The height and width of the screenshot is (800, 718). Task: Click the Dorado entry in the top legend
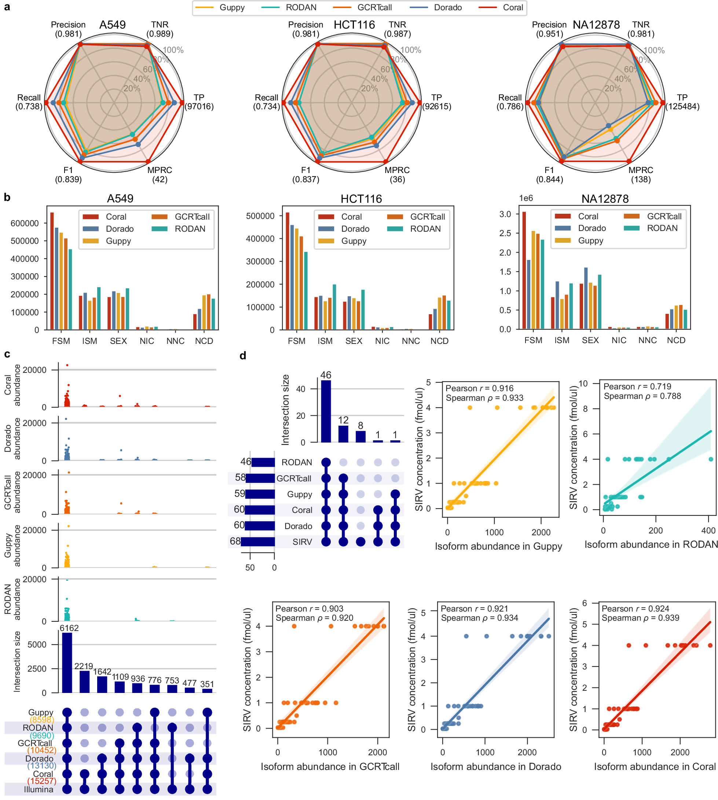coord(447,7)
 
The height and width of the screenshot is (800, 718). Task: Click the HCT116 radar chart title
coord(354,25)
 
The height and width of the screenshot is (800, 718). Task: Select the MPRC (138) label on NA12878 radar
coord(640,175)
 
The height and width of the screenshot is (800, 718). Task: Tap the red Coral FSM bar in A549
coord(52,271)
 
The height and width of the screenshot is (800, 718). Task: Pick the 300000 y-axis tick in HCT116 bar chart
coord(260,261)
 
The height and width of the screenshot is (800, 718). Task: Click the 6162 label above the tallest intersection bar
coord(69,628)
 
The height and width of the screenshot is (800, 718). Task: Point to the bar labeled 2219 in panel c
coord(84,682)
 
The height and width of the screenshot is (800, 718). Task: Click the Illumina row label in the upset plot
coord(38,789)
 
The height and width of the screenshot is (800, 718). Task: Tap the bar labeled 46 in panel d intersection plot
coord(326,411)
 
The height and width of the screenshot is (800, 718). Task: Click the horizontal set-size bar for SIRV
coord(258,542)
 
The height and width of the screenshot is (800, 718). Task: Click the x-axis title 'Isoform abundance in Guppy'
coord(498,546)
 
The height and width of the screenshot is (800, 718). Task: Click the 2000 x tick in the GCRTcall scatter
coord(378,752)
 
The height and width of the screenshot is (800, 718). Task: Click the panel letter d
coord(243,356)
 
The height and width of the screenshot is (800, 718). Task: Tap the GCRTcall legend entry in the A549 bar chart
coord(192,217)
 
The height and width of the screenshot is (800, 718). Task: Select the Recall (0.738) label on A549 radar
coord(29,102)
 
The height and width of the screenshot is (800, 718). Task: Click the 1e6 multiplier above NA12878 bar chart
coord(525,198)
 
